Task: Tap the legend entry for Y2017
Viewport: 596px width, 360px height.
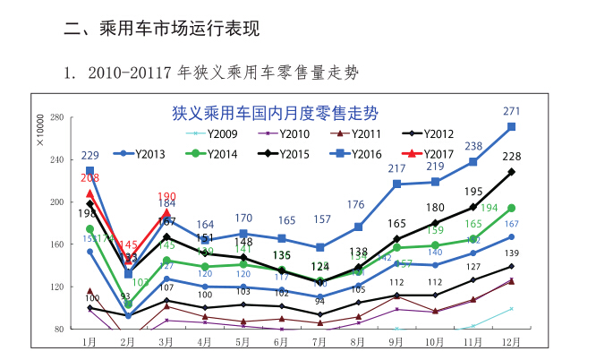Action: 436,154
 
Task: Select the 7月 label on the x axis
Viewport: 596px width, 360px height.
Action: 319,341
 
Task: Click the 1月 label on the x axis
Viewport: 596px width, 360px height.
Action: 89,341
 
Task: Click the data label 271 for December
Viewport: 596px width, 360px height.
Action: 511,111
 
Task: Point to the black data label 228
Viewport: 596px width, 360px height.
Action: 511,157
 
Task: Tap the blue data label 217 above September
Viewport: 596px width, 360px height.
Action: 396,169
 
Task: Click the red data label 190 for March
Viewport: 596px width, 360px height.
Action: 166,197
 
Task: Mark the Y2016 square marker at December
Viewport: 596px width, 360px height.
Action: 511,127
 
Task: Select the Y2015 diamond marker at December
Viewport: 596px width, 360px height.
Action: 511,171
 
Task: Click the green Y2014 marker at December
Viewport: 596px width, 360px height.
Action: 511,208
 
